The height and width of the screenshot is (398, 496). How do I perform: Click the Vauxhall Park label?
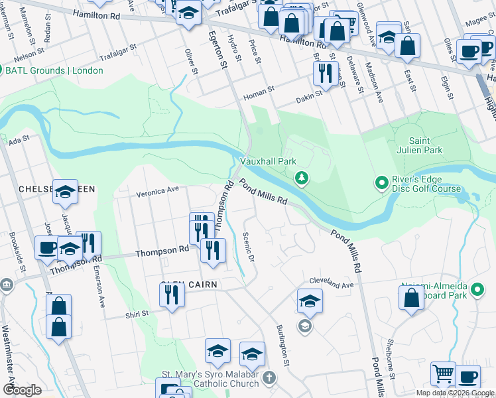coord(267,161)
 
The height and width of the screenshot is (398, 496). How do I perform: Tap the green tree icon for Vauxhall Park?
coord(301,177)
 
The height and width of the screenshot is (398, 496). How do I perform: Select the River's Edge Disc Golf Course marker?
coord(381,182)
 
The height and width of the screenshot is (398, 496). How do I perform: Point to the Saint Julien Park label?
coord(424,145)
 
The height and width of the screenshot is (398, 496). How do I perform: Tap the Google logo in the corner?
coord(22,390)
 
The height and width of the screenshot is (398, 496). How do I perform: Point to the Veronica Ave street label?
coord(158,191)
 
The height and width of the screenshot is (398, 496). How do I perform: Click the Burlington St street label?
coord(283,345)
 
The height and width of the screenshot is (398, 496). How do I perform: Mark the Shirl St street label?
coord(137,312)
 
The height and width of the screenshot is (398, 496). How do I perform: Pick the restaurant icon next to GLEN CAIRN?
coord(172,294)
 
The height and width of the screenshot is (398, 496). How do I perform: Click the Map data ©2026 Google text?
coord(454,393)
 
